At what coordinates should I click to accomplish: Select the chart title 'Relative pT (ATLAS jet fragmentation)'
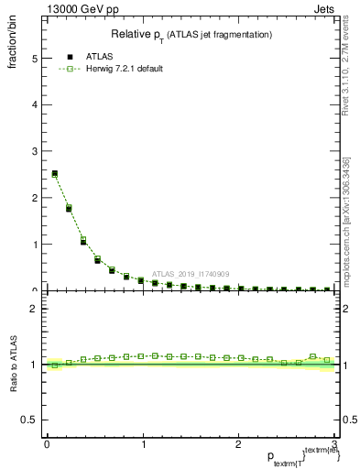pos(191,35)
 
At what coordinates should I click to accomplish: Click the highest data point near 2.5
pos(54,173)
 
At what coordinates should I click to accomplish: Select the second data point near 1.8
pos(69,209)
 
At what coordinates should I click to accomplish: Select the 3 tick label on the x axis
pos(335,444)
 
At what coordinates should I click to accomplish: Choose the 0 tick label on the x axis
pos(47,444)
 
